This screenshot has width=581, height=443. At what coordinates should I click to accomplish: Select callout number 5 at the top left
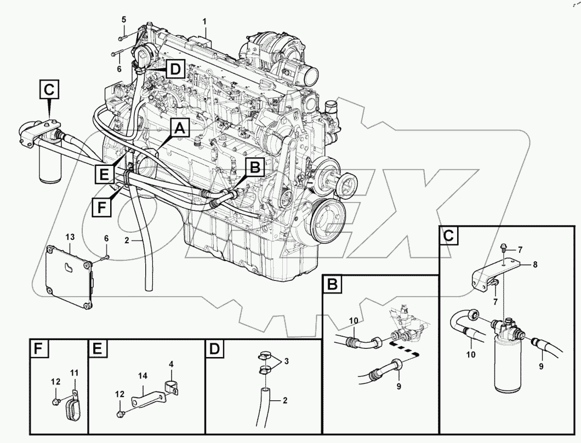123,20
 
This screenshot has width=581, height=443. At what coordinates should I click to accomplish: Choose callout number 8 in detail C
534,264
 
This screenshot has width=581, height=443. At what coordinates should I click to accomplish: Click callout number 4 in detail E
172,364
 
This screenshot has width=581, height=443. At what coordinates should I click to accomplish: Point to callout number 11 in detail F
75,373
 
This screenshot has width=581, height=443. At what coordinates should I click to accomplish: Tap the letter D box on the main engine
174,70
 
